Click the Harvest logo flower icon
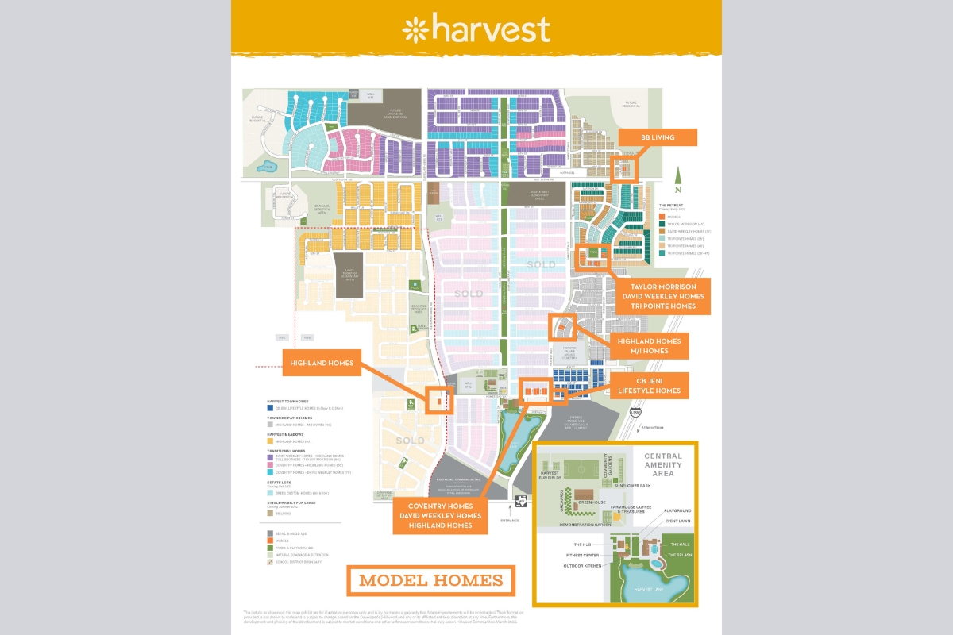tap(416, 30)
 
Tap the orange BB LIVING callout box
tap(657, 137)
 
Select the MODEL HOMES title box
tap(430, 580)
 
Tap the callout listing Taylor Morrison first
tap(662, 296)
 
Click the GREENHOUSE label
tap(592, 502)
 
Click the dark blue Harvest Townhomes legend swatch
tap(270, 407)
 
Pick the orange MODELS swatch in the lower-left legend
tap(270, 540)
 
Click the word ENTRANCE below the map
tap(510, 521)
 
